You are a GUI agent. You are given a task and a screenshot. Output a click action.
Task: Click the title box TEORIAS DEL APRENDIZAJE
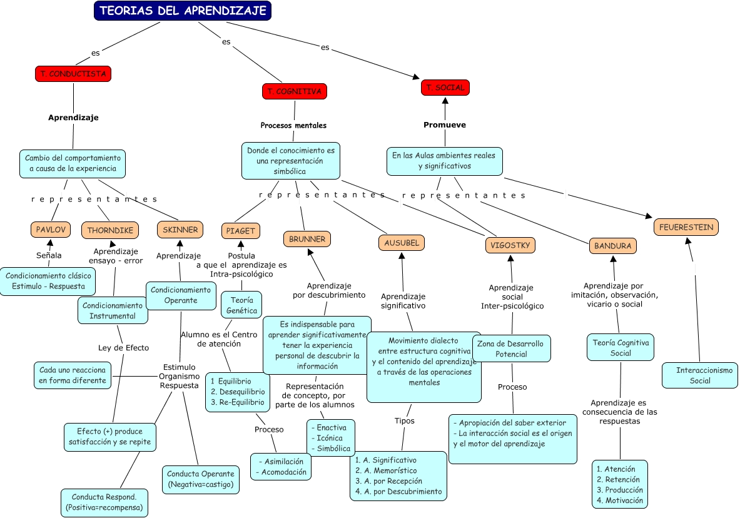click(x=183, y=11)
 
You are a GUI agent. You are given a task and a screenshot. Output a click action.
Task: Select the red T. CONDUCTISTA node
click(x=73, y=74)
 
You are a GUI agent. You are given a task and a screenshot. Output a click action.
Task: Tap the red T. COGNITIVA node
click(x=294, y=91)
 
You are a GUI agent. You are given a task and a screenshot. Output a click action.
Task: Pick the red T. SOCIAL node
click(x=445, y=88)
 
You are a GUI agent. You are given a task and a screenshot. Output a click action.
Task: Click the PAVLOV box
click(x=50, y=230)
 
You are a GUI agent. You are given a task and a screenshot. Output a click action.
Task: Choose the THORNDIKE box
click(x=110, y=230)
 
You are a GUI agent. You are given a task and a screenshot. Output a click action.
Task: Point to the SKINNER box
click(x=180, y=230)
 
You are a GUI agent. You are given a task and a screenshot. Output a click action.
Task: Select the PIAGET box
click(x=241, y=231)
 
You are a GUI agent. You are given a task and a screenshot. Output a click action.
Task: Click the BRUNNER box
click(x=307, y=239)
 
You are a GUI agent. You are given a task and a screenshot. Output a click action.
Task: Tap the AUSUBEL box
click(x=402, y=242)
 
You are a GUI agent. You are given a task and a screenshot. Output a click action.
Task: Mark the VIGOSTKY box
click(x=511, y=245)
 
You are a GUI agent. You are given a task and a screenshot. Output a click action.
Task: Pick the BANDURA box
click(x=613, y=246)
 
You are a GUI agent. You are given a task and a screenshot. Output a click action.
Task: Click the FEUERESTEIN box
click(x=686, y=227)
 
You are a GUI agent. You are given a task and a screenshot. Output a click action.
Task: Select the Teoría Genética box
click(x=241, y=305)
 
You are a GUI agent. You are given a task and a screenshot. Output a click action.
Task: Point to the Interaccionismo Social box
click(x=700, y=375)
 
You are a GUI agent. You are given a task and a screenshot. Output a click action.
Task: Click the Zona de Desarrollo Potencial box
click(x=511, y=348)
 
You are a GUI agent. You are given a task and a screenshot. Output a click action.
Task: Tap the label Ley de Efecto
click(x=124, y=348)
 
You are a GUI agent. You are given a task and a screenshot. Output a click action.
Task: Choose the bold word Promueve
click(x=445, y=124)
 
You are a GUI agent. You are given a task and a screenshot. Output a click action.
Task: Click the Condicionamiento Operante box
click(x=181, y=295)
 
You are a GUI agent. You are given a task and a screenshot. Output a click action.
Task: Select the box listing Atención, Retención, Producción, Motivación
click(x=620, y=484)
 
